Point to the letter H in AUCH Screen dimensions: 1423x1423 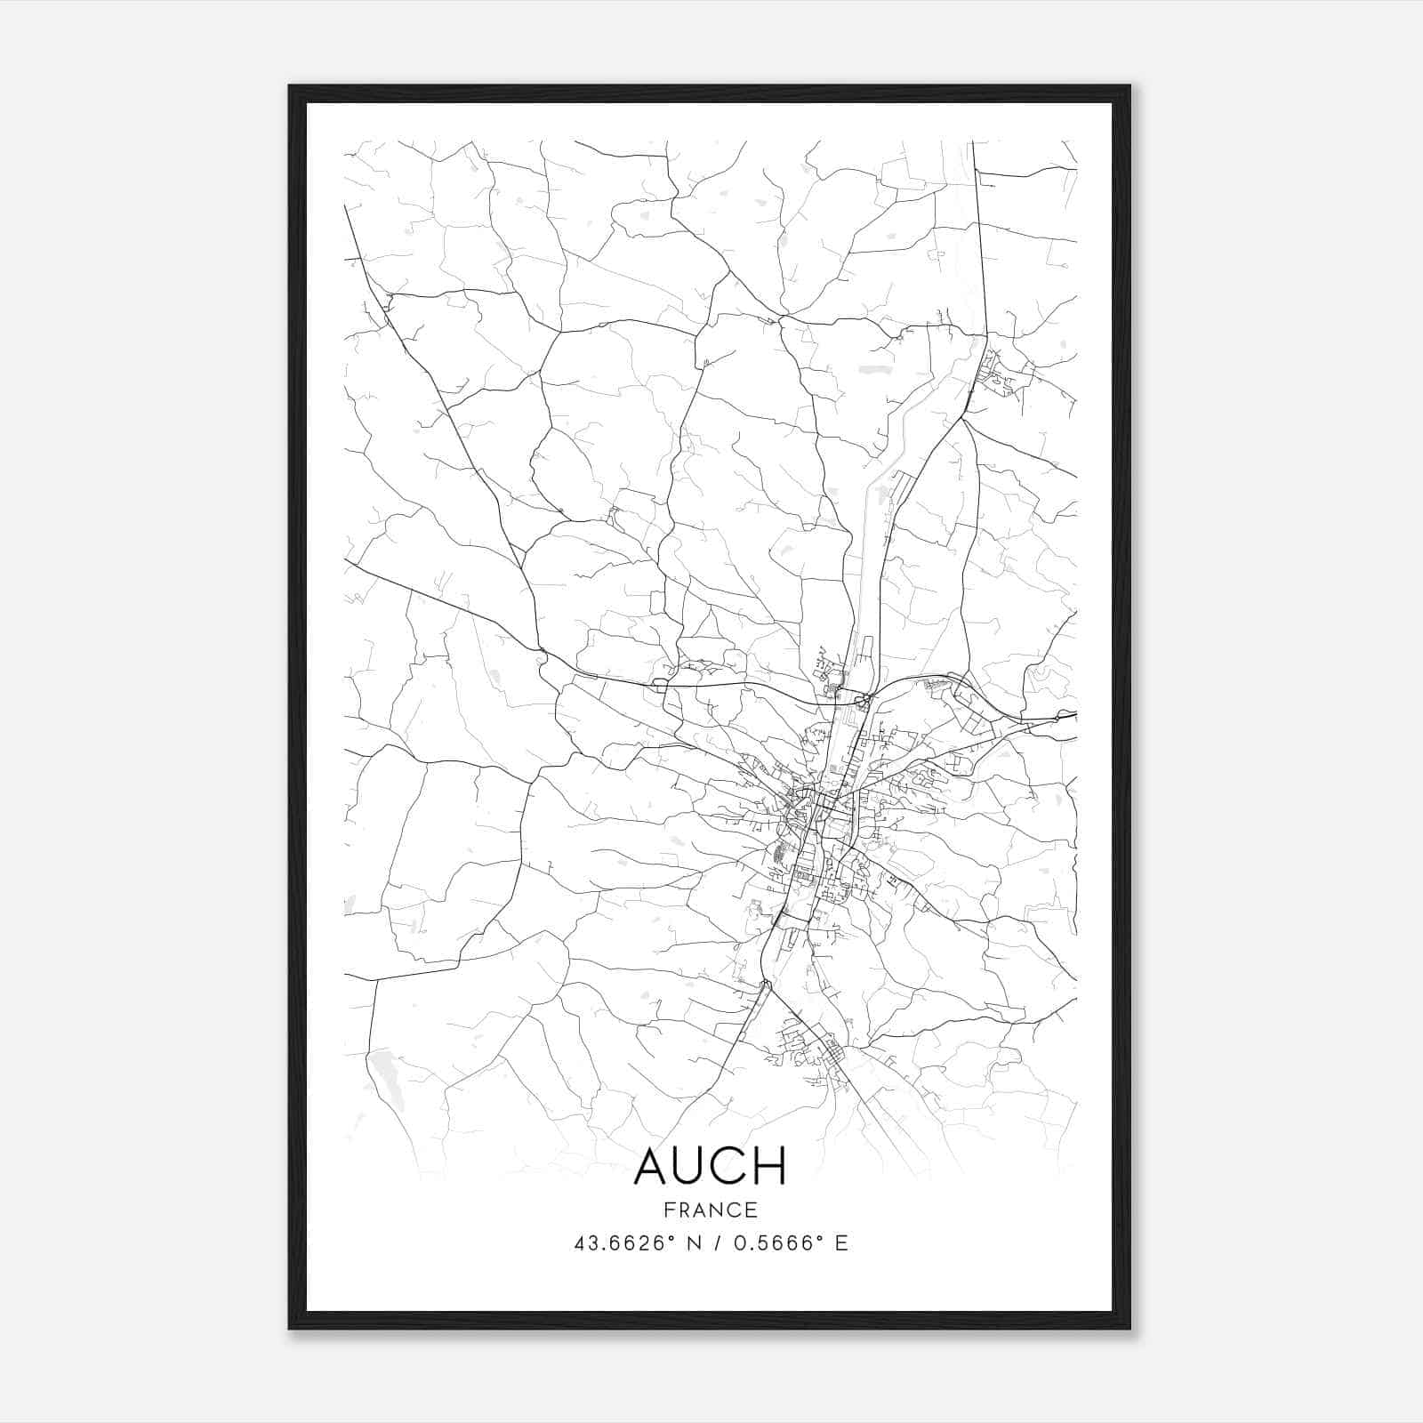pos(771,1166)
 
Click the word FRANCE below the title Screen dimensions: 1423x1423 pos(711,1210)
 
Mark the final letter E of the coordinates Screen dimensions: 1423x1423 pos(840,1243)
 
